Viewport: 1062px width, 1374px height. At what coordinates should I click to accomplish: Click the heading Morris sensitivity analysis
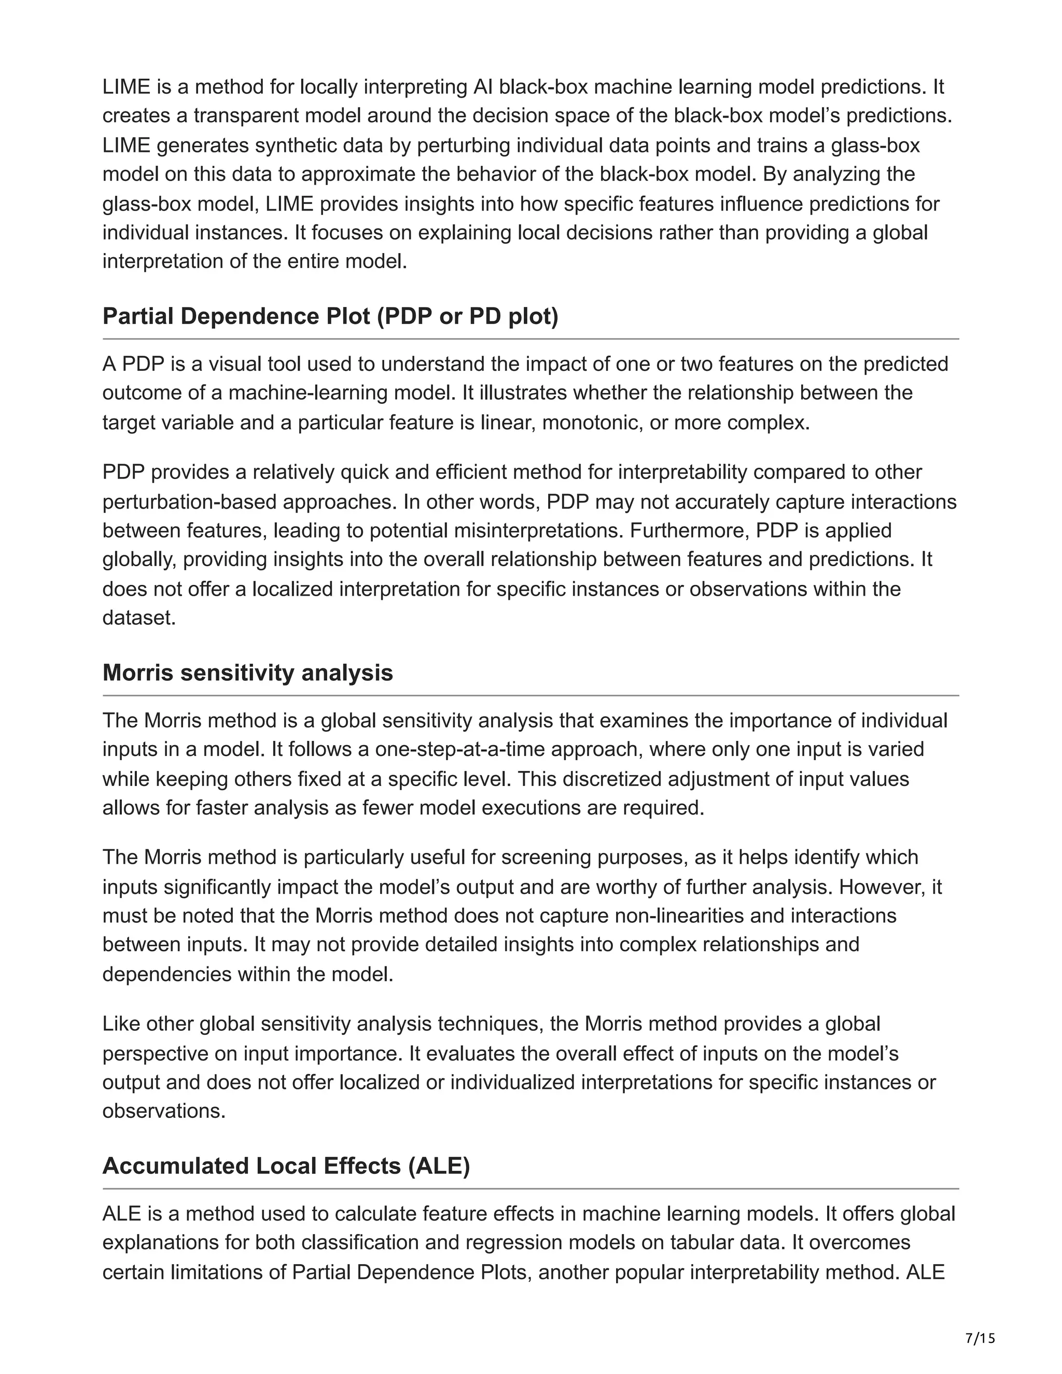247,672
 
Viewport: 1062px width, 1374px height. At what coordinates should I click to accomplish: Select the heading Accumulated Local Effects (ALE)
286,1166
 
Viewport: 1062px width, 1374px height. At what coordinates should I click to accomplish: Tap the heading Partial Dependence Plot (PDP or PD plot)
330,316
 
